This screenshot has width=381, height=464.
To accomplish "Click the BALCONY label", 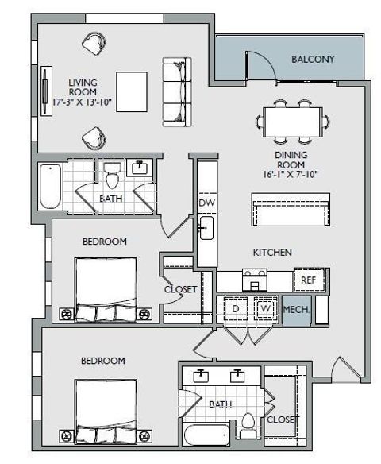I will (313, 59).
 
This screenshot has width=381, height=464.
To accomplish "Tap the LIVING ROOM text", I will (82, 92).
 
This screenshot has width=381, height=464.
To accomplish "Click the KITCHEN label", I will (272, 252).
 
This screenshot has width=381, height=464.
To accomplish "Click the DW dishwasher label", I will (206, 203).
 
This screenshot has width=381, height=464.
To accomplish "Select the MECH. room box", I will (295, 310).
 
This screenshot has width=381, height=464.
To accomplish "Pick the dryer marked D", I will (236, 309).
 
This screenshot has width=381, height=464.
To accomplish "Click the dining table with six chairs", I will (292, 122).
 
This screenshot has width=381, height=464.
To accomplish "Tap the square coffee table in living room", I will (131, 91).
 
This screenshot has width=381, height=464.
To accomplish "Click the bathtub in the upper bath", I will (50, 186).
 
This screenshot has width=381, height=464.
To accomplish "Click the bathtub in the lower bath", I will (207, 436).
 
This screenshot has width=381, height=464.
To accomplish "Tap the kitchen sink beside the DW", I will (206, 230).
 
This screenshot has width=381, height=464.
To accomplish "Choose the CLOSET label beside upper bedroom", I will (180, 289).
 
